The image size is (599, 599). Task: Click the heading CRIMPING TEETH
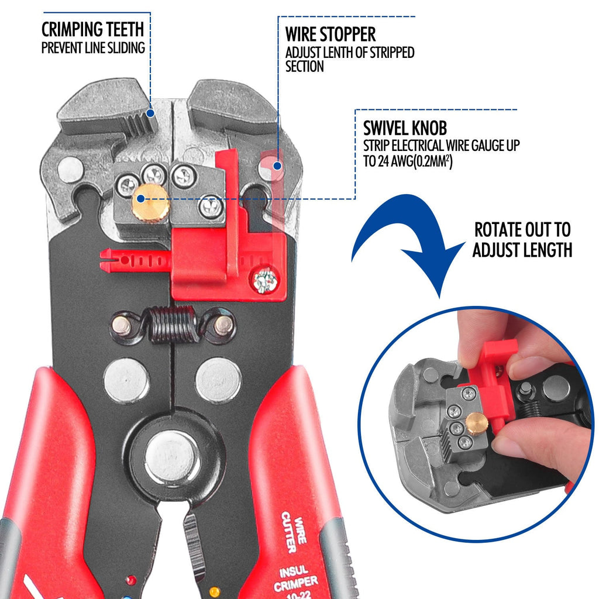coord(92,29)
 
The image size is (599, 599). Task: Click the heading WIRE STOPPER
coord(331,33)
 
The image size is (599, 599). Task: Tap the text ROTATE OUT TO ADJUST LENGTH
coord(522,240)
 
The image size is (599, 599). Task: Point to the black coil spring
coord(173,324)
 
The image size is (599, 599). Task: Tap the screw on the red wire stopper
coord(264,281)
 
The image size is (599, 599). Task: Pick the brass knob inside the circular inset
coord(477,423)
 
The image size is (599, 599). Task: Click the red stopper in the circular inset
coord(494,374)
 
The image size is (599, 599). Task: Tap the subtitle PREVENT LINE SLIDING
coord(93,48)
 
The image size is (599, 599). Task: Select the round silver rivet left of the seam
coord(126,380)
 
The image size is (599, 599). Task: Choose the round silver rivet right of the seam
coord(218,380)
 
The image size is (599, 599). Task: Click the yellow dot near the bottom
coord(215,591)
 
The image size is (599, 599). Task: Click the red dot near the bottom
coord(131,580)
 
